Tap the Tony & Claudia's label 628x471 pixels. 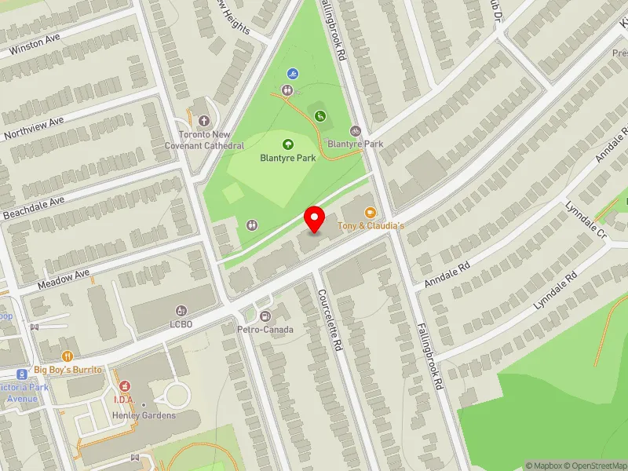tap(371, 226)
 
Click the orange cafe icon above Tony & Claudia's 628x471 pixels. tap(370, 213)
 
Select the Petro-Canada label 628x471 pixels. tap(265, 329)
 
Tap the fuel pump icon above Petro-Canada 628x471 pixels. tap(265, 316)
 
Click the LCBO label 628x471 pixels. tap(182, 323)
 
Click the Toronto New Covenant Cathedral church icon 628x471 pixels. tap(204, 121)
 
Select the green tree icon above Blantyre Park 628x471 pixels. tap(287, 144)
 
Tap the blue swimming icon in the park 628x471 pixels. tap(293, 74)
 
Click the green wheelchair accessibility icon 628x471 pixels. tap(320, 117)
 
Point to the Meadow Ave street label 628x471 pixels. tap(65, 278)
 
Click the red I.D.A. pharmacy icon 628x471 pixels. tap(124, 386)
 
